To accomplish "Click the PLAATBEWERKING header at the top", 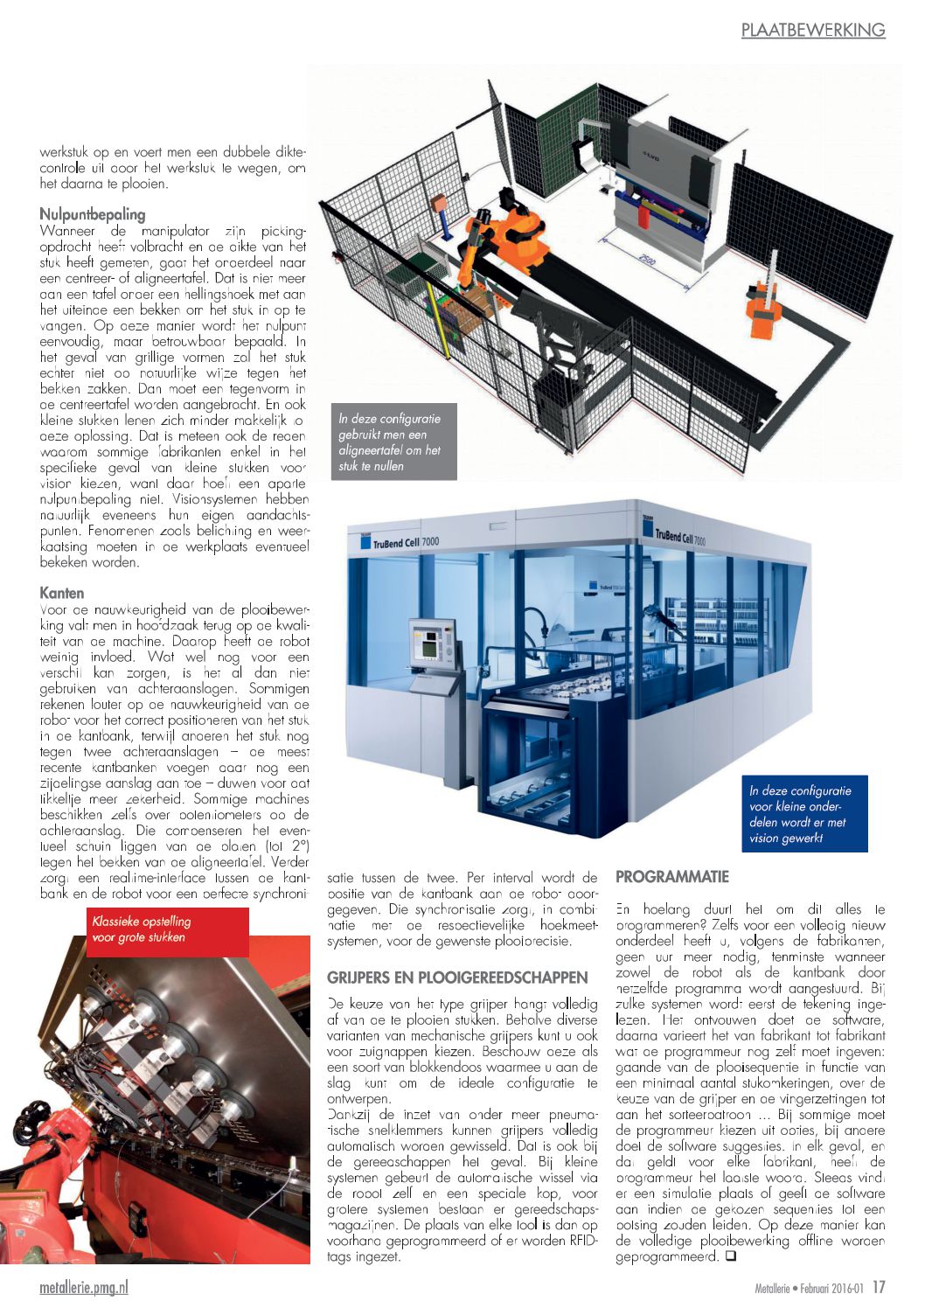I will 813,30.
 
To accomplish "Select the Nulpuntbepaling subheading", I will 93,214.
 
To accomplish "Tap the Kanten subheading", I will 62,593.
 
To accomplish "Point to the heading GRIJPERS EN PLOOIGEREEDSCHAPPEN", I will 457,978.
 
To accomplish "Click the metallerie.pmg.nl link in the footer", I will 84,1287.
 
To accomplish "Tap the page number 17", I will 879,1287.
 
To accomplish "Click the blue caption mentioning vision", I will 803,814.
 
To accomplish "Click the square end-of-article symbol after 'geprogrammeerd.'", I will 731,1256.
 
